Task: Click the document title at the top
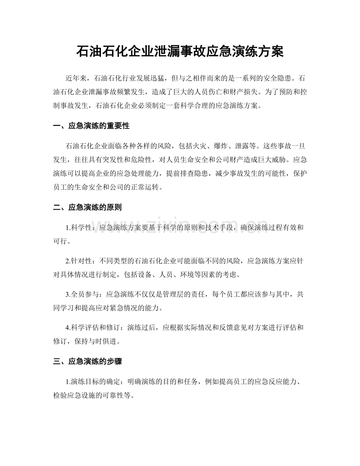[x=180, y=52]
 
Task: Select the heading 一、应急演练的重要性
[x=91, y=126]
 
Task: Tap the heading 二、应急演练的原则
[x=87, y=207]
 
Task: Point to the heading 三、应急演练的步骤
[x=87, y=362]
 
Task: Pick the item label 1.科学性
[x=79, y=228]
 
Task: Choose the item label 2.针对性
[x=79, y=261]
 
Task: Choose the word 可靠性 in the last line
[x=113, y=396]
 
